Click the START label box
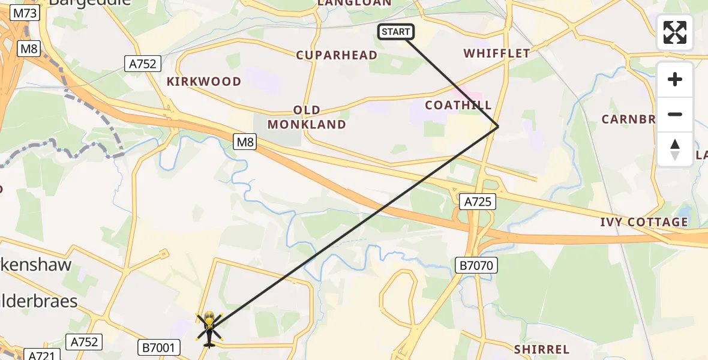tap(395, 32)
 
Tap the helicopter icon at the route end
tap(209, 328)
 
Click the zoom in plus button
tap(675, 79)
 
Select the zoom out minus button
tap(675, 115)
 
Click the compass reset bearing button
tap(675, 149)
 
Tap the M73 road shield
tap(25, 13)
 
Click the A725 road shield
tap(478, 202)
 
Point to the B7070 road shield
tap(476, 265)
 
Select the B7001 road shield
tap(159, 347)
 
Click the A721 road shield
tap(41, 356)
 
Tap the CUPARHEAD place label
tap(337, 55)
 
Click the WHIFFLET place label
tap(497, 53)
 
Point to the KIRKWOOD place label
tap(204, 82)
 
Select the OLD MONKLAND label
tap(307, 117)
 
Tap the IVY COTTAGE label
tap(644, 222)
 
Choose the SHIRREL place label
tap(541, 349)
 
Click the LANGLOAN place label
tap(354, 3)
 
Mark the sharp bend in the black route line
tap(498, 126)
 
